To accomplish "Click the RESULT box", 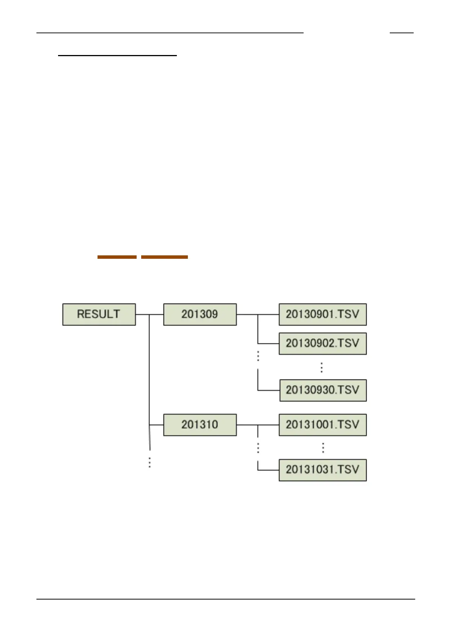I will (99, 314).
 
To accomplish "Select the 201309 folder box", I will (200, 314).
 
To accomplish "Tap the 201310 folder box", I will (200, 425).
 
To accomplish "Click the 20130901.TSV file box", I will (323, 314).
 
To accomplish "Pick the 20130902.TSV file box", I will (323, 343).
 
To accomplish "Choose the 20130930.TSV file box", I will (323, 390).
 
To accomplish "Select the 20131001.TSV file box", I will (323, 425).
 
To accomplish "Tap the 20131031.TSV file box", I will (323, 470).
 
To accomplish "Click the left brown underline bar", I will (117, 257).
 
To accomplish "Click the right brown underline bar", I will (164, 257).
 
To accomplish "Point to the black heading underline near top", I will (118, 56).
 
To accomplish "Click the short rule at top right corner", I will (402, 33).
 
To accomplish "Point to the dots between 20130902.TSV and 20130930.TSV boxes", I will (321, 367).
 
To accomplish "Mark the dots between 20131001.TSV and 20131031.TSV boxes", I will (323, 448).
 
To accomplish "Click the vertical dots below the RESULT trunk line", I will (150, 462).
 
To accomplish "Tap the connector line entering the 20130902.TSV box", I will (268, 343).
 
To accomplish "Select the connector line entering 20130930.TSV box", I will (269, 390).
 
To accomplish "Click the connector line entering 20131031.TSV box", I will (268, 470).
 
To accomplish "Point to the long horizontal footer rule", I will (225, 599).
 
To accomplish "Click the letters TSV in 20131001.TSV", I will (348, 425).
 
